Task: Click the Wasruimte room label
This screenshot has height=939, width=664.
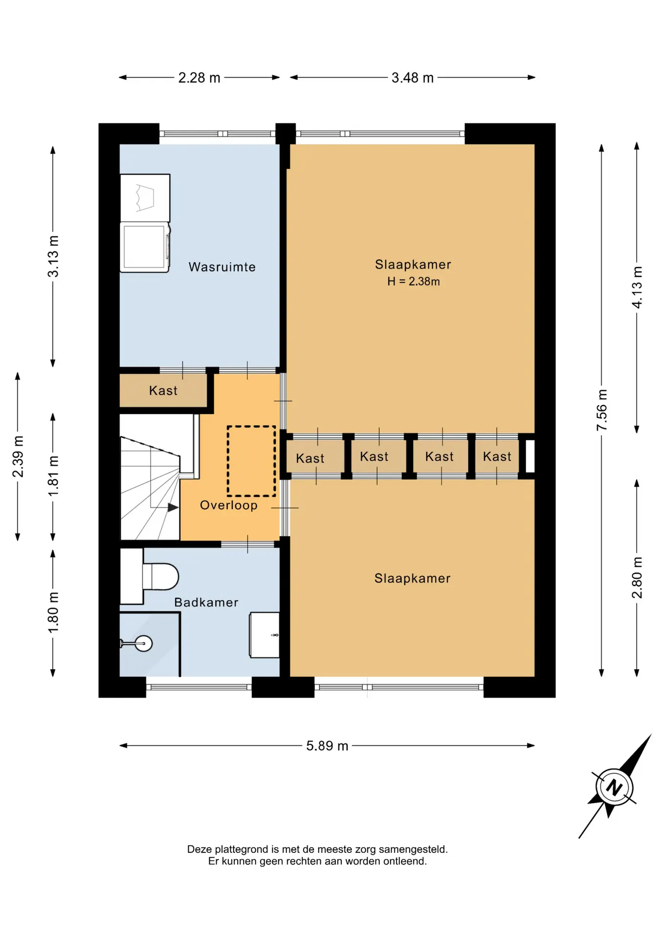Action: point(222,267)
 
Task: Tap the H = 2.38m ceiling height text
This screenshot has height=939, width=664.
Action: point(414,281)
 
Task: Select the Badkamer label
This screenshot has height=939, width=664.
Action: point(206,602)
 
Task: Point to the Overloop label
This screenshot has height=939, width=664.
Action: point(229,505)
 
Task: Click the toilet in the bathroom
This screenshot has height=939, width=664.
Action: point(160,577)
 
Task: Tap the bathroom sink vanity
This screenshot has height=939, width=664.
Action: point(265,635)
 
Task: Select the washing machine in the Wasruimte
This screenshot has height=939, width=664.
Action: point(145,247)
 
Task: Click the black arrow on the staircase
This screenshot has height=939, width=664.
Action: point(173,508)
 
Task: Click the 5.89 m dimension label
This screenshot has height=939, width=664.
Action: point(327,746)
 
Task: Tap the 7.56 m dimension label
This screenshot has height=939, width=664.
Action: point(601,410)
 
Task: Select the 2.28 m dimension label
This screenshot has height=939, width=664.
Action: point(199,78)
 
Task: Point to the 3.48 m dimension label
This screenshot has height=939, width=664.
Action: point(413,78)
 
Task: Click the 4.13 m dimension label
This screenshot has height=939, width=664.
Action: point(637,288)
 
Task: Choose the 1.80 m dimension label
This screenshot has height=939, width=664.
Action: point(53,612)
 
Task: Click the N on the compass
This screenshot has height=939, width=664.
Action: point(614,787)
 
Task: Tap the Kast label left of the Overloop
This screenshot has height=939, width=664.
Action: point(163,391)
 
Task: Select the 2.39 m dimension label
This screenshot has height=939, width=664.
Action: point(18,456)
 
